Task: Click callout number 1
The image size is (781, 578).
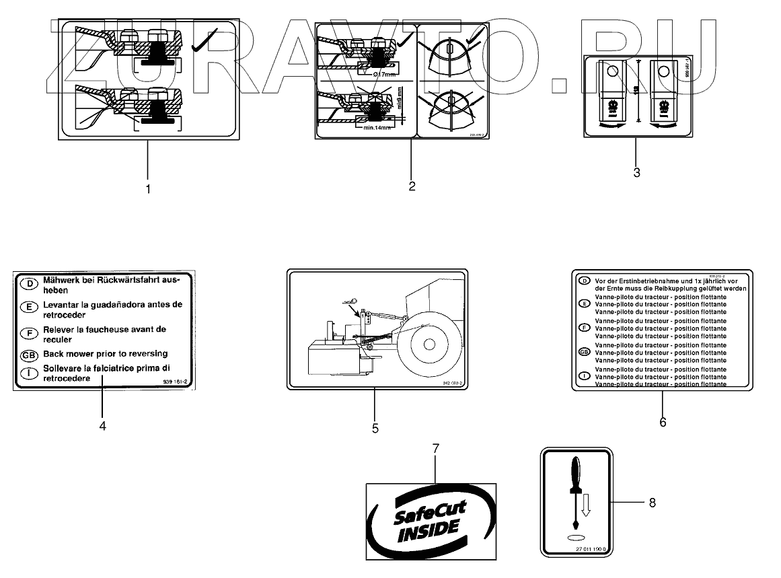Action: click(x=149, y=189)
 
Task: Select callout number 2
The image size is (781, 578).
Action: click(x=412, y=186)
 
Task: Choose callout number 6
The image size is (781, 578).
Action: click(x=663, y=422)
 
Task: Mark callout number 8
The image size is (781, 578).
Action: click(x=651, y=502)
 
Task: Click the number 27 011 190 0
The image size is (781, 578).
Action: click(x=590, y=550)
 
